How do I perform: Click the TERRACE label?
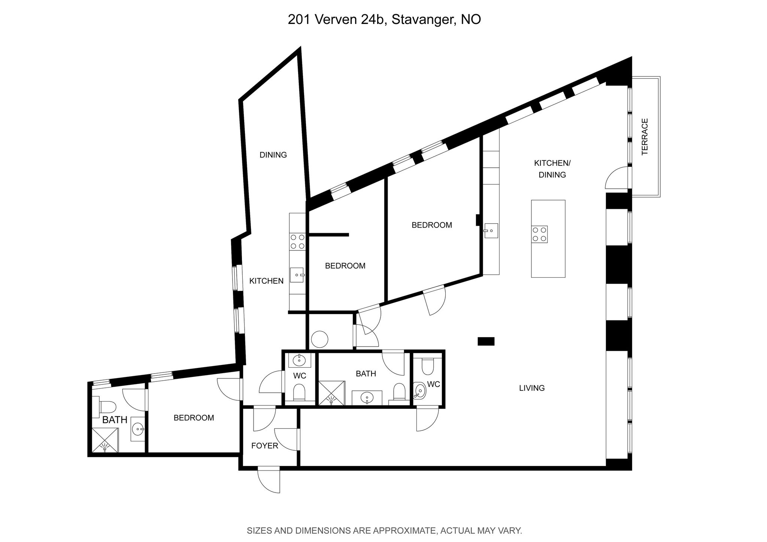pyautogui.click(x=645, y=137)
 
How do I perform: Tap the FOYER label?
pyautogui.click(x=265, y=446)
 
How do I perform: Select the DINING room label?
pyautogui.click(x=273, y=155)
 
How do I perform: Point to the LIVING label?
pyautogui.click(x=532, y=388)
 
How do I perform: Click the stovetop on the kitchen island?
pyautogui.click(x=539, y=234)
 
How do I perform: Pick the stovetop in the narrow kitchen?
pyautogui.click(x=297, y=241)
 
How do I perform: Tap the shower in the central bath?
pyautogui.click(x=331, y=393)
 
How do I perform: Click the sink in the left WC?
pyautogui.click(x=299, y=361)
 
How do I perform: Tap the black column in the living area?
pyautogui.click(x=486, y=341)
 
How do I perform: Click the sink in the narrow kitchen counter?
pyautogui.click(x=297, y=275)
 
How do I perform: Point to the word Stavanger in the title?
pyautogui.click(x=423, y=20)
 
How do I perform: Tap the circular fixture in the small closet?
pyautogui.click(x=319, y=339)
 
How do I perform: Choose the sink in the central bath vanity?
pyautogui.click(x=367, y=397)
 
